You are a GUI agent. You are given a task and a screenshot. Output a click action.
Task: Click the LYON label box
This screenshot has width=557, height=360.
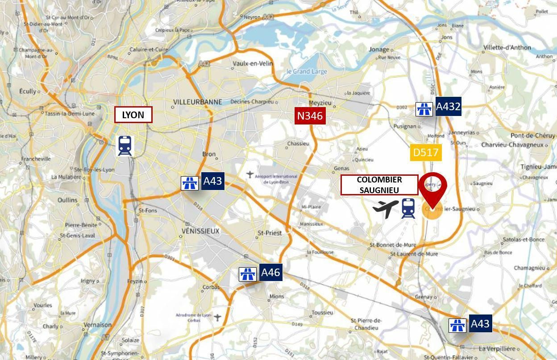(133, 115)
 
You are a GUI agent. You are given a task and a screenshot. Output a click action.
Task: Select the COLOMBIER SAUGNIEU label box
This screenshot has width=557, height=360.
(379, 185)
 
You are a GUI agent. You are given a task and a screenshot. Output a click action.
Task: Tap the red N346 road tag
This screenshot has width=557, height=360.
(310, 116)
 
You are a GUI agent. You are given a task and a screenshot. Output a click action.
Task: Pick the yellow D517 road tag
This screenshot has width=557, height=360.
(426, 153)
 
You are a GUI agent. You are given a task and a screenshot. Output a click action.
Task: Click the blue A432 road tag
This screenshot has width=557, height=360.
(448, 107)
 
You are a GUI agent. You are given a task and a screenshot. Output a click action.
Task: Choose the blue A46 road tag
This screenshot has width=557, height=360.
(270, 273)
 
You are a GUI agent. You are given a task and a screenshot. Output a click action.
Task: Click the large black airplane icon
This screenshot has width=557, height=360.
(386, 208)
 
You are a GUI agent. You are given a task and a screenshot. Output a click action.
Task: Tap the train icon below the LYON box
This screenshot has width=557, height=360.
(125, 146)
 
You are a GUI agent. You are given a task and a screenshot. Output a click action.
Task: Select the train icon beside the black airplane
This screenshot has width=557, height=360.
(408, 208)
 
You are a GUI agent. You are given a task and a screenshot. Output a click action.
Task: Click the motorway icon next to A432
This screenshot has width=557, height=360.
(424, 109)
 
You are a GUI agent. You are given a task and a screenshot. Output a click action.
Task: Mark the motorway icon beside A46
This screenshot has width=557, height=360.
(248, 274)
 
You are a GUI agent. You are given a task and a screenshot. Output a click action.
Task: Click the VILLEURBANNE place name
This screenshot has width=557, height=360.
(197, 102)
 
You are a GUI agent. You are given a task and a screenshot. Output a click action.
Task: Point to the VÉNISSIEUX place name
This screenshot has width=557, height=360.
(201, 231)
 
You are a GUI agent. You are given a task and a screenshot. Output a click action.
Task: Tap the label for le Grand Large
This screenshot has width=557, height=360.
(307, 71)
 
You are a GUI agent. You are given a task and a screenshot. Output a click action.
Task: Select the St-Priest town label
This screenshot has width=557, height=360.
(268, 233)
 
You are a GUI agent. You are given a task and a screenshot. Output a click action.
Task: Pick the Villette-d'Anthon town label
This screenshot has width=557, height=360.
(507, 47)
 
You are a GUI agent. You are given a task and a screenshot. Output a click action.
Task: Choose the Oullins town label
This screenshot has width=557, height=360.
(67, 200)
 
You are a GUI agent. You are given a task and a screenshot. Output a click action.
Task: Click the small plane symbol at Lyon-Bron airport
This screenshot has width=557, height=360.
(250, 174)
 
